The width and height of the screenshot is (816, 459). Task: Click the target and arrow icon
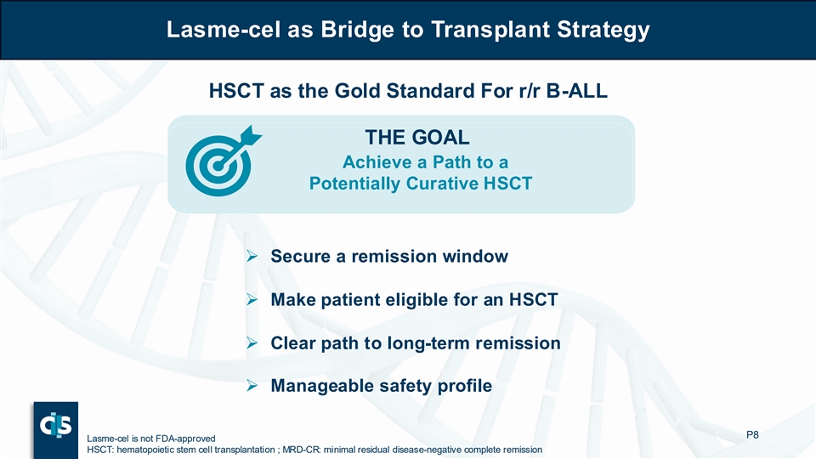click(224, 161)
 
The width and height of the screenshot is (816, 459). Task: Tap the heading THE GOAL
click(417, 138)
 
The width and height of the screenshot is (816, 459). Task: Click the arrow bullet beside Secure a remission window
click(252, 256)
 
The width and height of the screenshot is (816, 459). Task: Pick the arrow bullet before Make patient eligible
click(252, 300)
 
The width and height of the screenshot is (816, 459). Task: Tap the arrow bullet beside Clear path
click(252, 343)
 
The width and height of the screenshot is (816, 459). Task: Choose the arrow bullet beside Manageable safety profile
click(252, 386)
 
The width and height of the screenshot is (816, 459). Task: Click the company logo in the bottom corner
click(56, 430)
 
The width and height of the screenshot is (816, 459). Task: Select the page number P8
click(752, 434)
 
